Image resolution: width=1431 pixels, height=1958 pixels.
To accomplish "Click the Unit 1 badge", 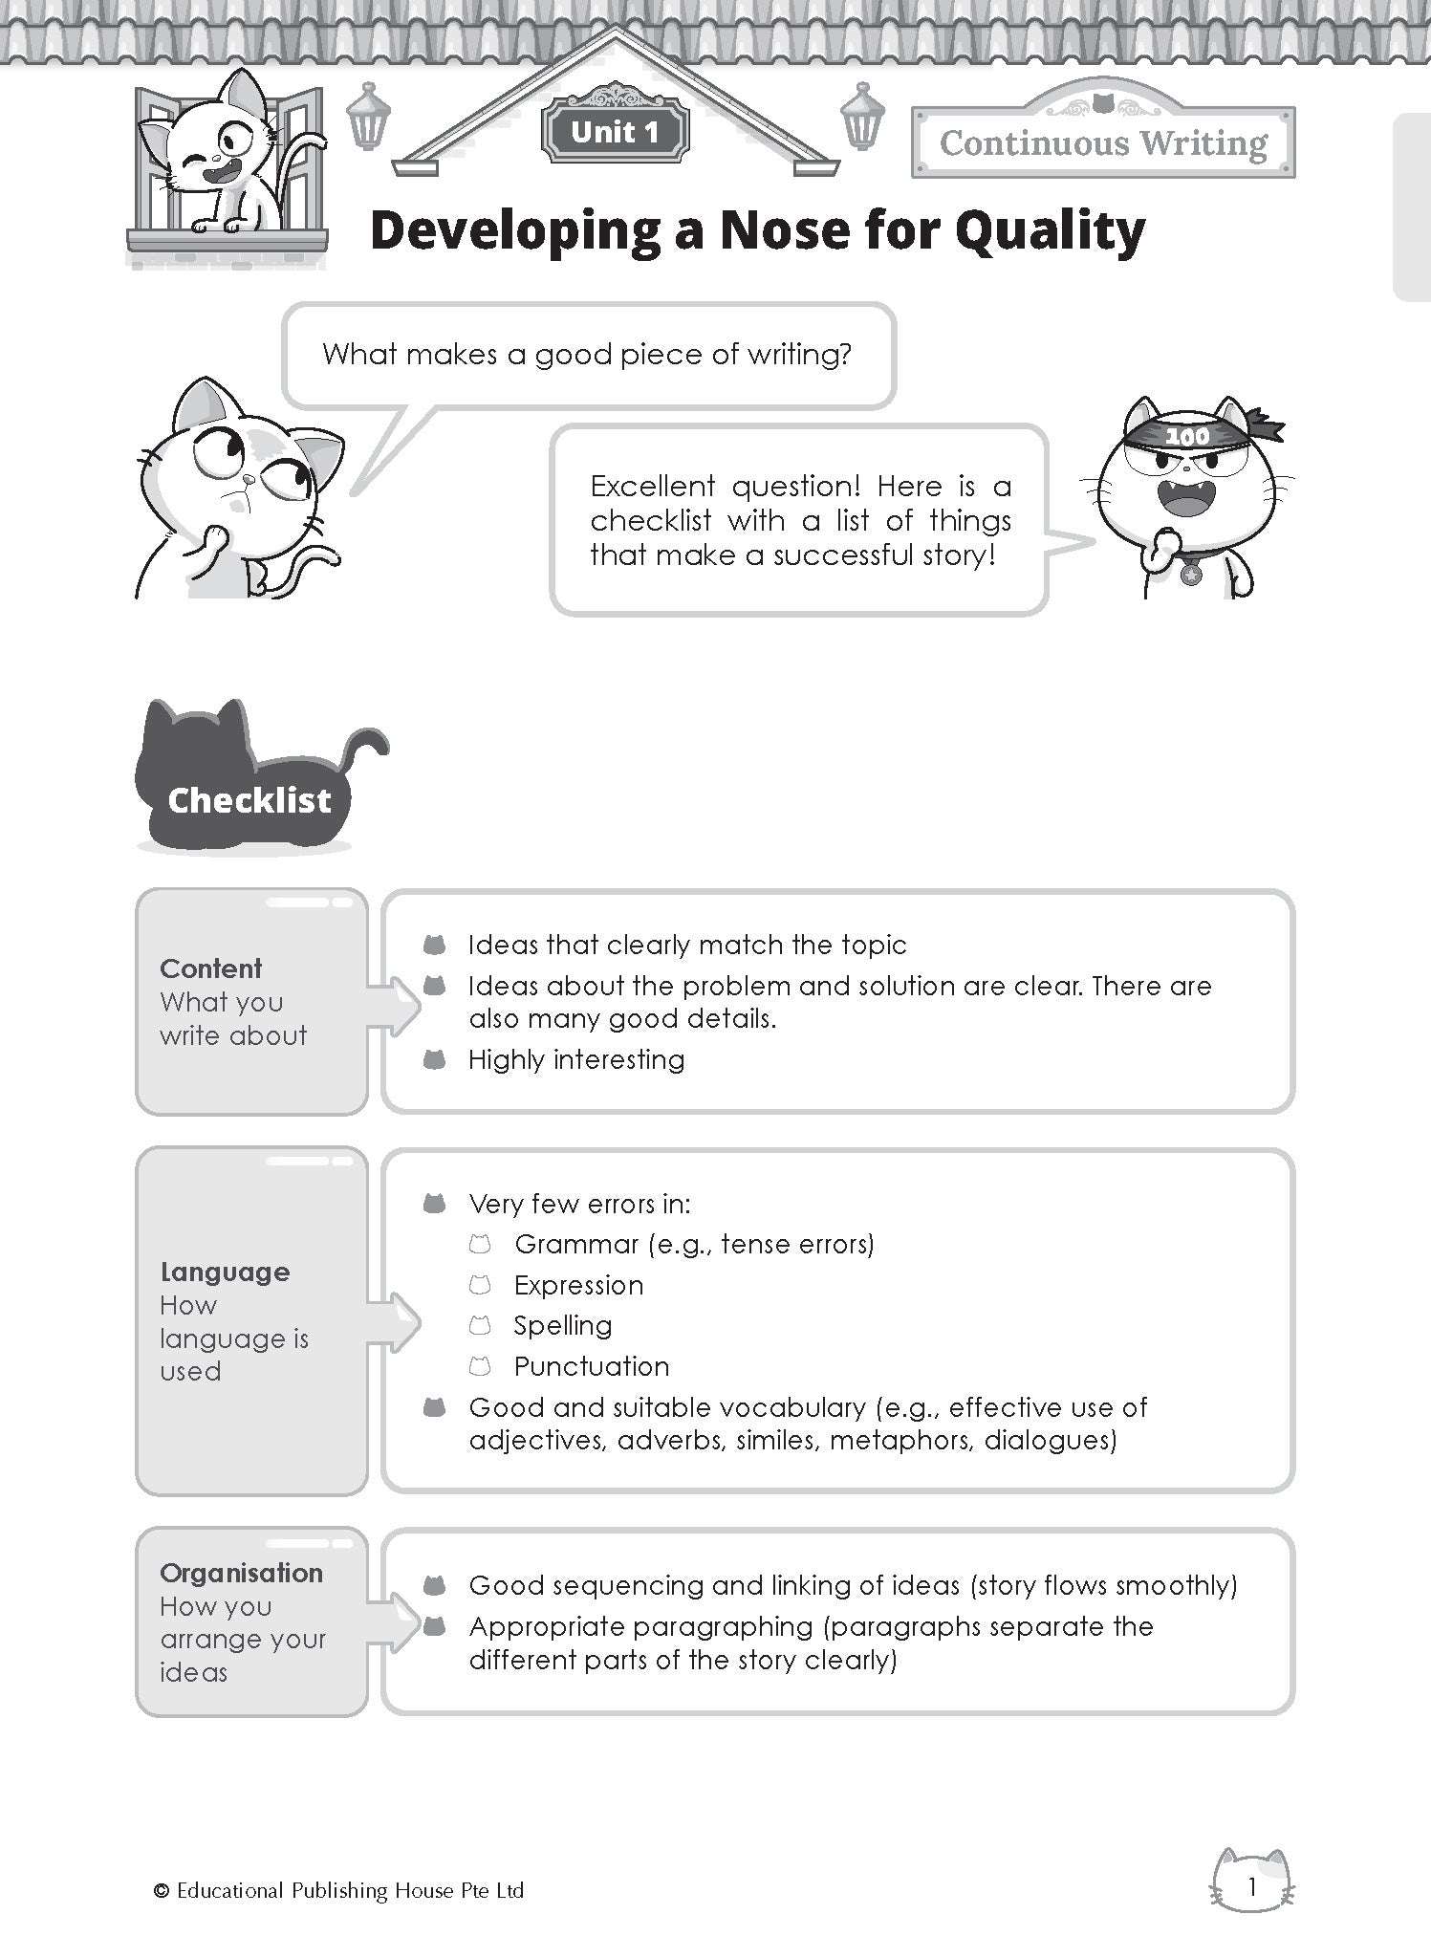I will [615, 132].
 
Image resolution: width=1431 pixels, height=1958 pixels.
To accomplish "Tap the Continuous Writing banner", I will [1103, 143].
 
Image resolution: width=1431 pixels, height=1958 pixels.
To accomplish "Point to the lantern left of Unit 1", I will [363, 117].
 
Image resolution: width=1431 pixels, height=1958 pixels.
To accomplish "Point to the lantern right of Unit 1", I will [862, 117].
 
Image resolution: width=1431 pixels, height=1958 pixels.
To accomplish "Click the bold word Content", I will [210, 968].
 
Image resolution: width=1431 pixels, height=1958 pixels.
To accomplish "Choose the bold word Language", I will [225, 1272].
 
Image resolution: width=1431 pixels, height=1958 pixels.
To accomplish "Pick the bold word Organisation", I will [241, 1573].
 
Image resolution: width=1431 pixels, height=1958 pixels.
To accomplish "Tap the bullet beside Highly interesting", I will [435, 1059].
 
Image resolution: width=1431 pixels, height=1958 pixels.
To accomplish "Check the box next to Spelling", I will [480, 1325].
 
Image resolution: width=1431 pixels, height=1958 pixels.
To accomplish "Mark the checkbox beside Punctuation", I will [480, 1366].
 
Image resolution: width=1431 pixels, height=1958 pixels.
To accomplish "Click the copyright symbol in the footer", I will [161, 1890].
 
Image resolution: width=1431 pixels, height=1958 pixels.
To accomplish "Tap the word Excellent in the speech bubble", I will [652, 487].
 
